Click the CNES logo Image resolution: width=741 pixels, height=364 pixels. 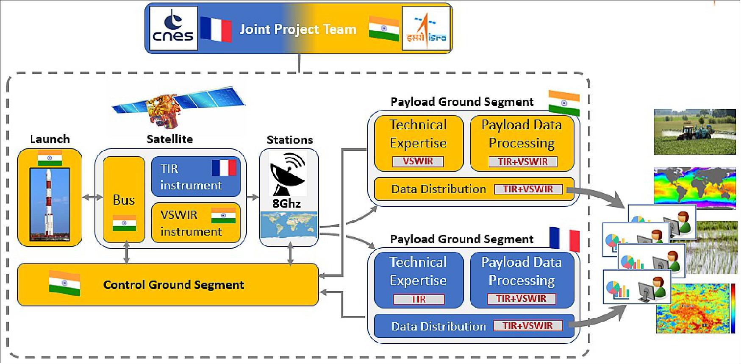tap(173, 28)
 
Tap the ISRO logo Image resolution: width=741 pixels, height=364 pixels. tap(426, 29)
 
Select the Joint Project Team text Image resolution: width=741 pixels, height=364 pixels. tap(298, 29)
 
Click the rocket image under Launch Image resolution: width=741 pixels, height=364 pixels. tap(50, 204)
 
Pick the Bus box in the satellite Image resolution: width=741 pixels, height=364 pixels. tap(124, 200)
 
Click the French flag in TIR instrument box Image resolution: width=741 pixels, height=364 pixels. tap(224, 168)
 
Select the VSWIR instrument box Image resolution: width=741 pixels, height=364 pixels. tap(196, 223)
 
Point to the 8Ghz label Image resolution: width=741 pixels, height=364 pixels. tap(286, 203)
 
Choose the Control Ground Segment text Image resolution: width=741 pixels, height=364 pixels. tap(174, 285)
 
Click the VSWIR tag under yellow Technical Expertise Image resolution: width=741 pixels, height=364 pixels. tap(418, 161)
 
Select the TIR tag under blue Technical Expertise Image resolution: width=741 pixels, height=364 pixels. tap(419, 299)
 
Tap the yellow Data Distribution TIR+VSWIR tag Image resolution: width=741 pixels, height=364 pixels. tap(528, 189)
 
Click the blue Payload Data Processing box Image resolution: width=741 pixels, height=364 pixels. tap(522, 280)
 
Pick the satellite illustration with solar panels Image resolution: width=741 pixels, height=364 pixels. tap(178, 106)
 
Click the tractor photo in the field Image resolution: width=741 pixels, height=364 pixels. tap(694, 131)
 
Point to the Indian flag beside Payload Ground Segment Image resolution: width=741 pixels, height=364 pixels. tap(563, 103)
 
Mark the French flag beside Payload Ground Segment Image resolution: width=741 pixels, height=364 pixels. tap(564, 239)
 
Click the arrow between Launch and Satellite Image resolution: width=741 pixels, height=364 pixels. tap(92, 197)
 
